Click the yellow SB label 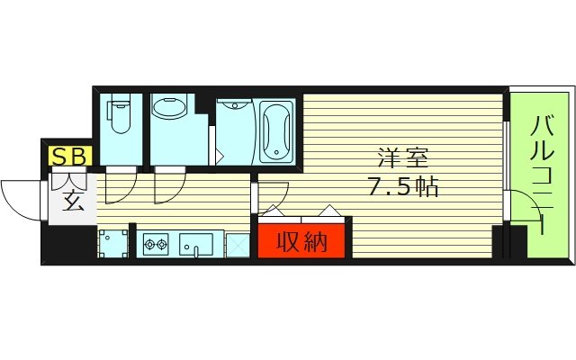(69, 156)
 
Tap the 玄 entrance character (72, 199)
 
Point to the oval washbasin (167, 109)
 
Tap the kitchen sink (197, 243)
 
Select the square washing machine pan (112, 243)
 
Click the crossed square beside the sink (238, 244)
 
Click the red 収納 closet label (301, 241)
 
